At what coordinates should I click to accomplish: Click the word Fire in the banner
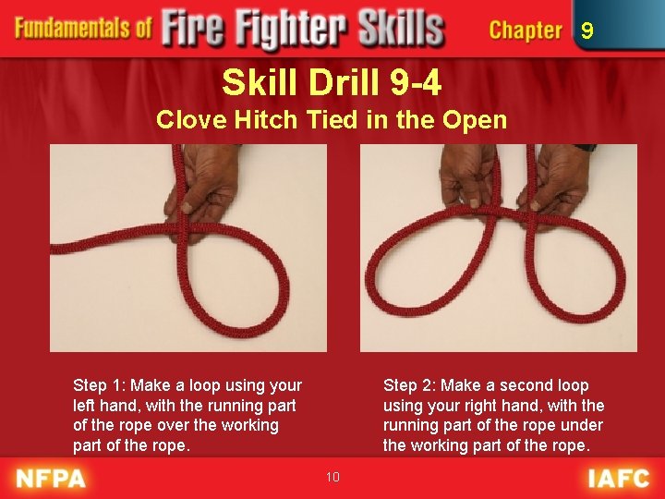192,28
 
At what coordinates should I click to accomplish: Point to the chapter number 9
587,30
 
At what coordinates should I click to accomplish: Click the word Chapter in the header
526,30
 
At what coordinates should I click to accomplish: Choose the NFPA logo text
51,479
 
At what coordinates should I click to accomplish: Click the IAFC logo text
618,479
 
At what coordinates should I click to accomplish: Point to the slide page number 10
332,477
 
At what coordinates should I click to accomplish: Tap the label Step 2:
410,386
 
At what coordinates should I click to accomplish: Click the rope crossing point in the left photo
182,229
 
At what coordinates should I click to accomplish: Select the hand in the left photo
202,191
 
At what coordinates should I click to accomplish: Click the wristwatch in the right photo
586,148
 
